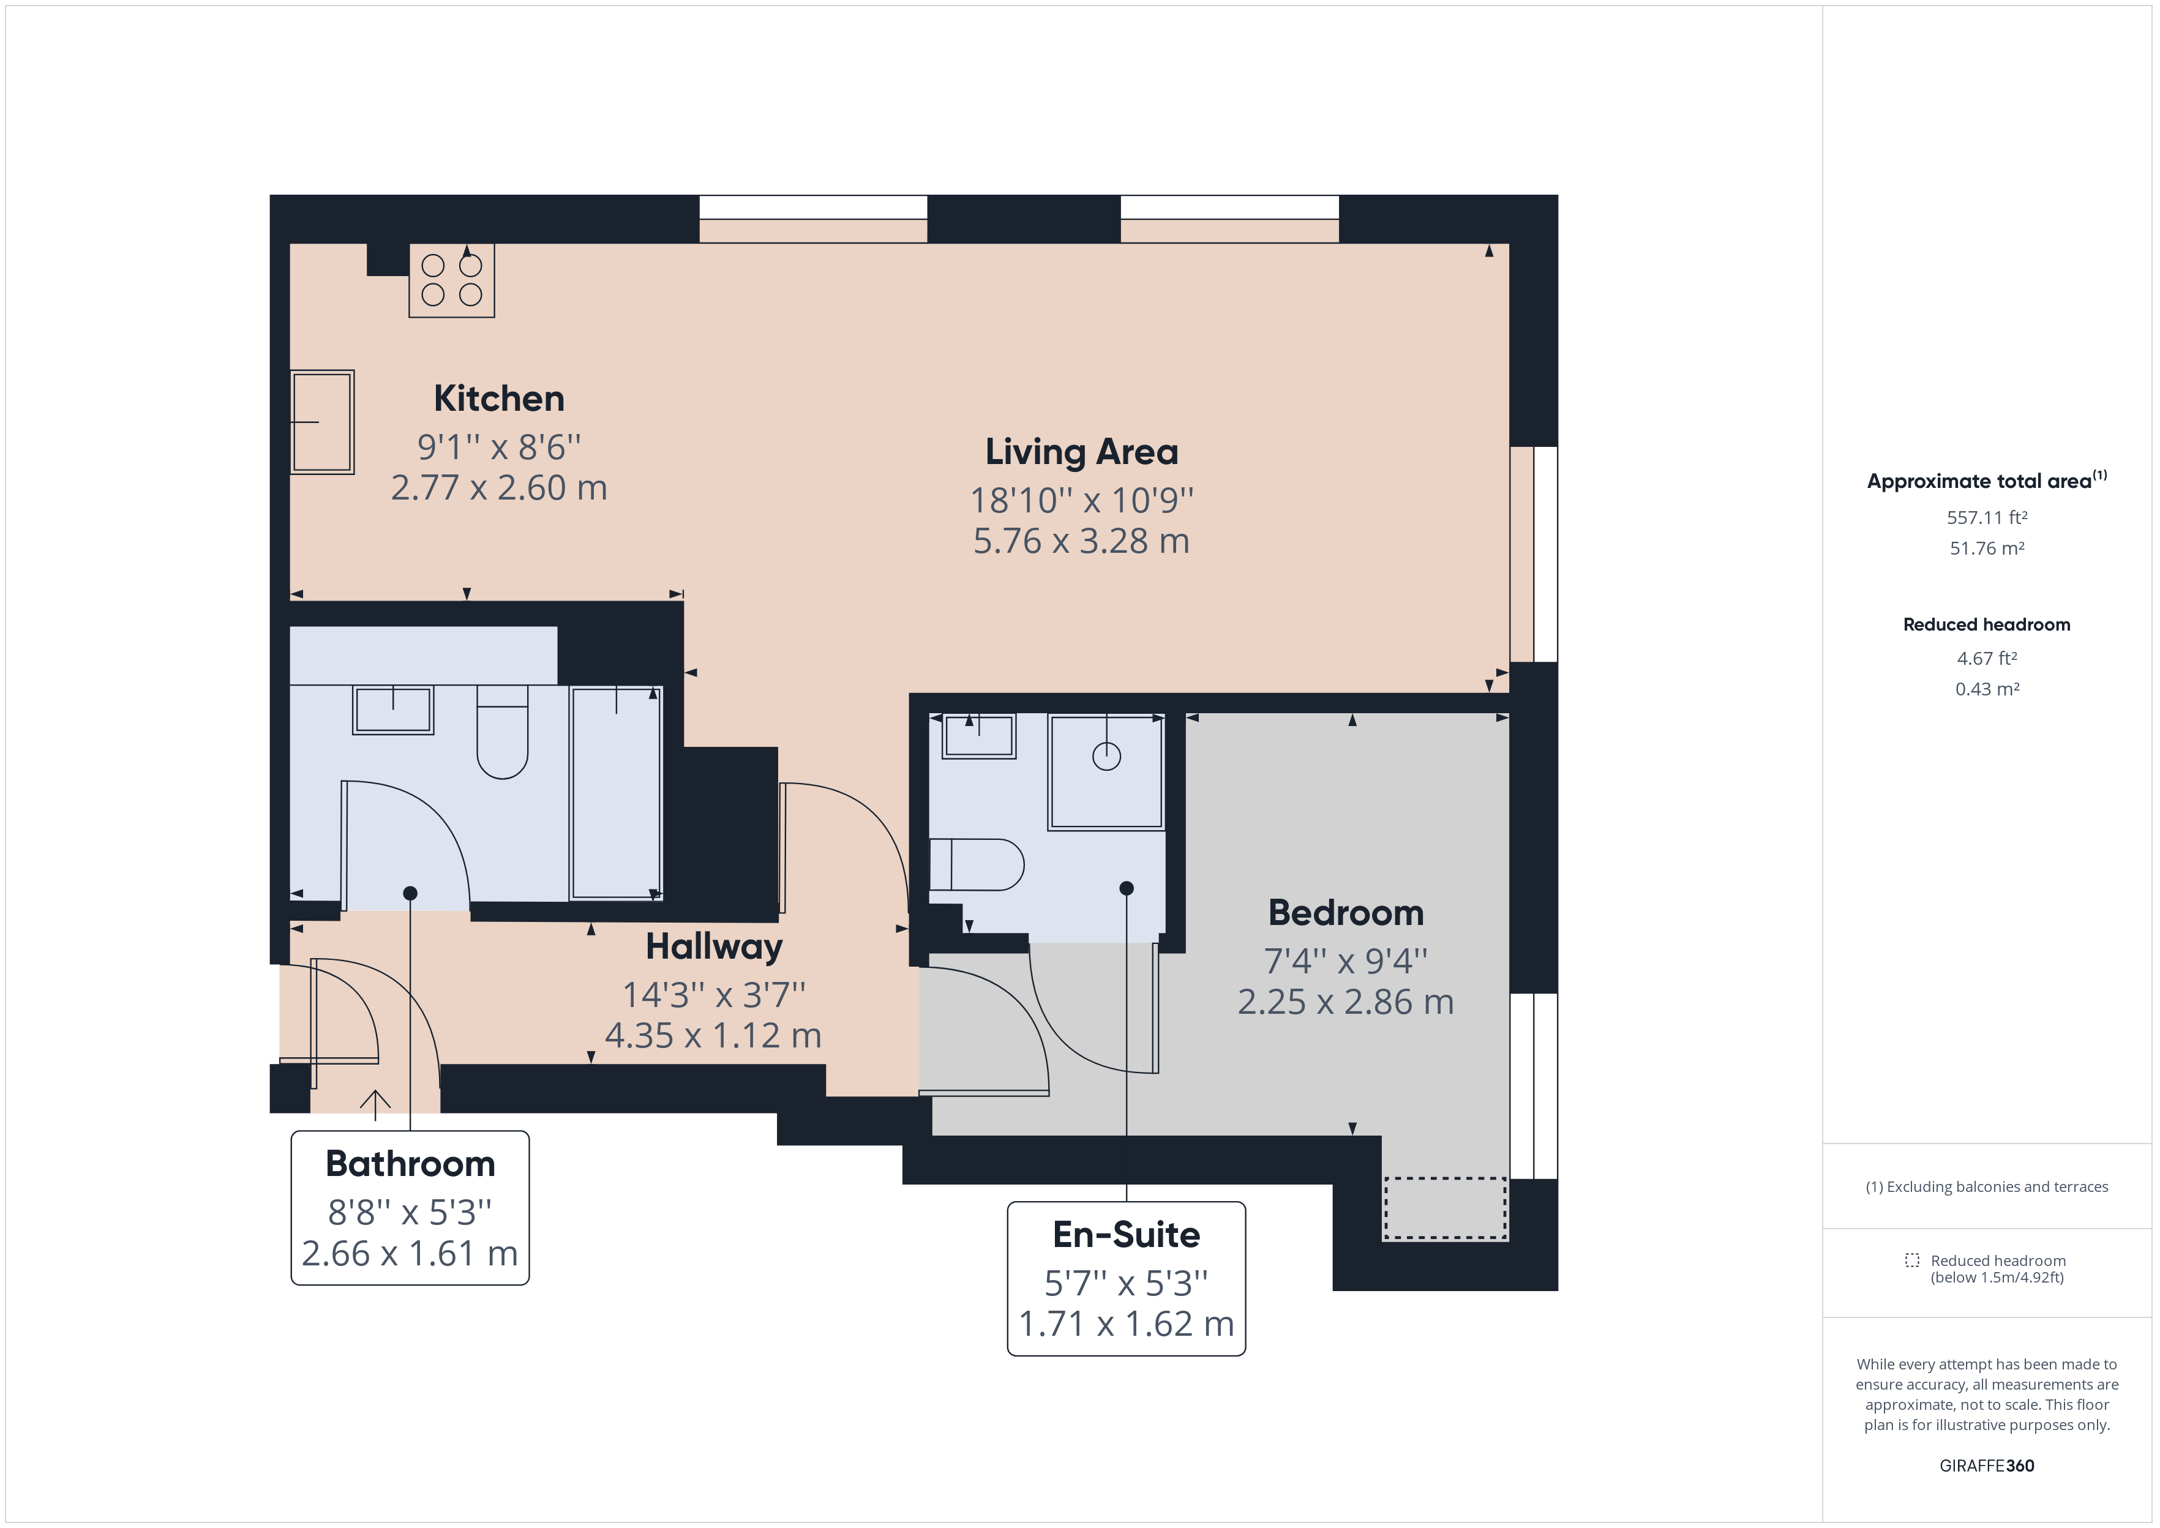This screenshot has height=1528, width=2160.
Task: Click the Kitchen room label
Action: [x=498, y=399]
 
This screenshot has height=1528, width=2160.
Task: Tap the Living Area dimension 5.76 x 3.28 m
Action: [x=1081, y=541]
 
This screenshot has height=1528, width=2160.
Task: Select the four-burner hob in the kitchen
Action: [x=452, y=280]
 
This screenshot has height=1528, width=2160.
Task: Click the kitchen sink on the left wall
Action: [x=322, y=422]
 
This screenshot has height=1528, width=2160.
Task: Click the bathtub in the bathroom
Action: [x=616, y=793]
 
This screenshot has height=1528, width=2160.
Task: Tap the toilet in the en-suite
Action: [x=978, y=864]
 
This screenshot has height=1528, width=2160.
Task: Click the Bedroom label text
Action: [x=1345, y=913]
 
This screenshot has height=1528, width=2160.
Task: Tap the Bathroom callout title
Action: [x=410, y=1164]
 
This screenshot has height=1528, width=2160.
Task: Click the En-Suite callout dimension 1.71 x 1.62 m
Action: [x=1126, y=1324]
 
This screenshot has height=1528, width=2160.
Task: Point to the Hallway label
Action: [x=713, y=946]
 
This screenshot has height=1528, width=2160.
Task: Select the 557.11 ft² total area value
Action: [x=1986, y=517]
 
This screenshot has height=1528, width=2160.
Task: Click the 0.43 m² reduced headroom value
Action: [x=1986, y=689]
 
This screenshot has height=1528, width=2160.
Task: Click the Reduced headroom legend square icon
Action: [x=1911, y=1260]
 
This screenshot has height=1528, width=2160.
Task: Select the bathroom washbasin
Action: [x=393, y=710]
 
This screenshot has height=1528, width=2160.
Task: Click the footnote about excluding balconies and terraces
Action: [x=1986, y=1186]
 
